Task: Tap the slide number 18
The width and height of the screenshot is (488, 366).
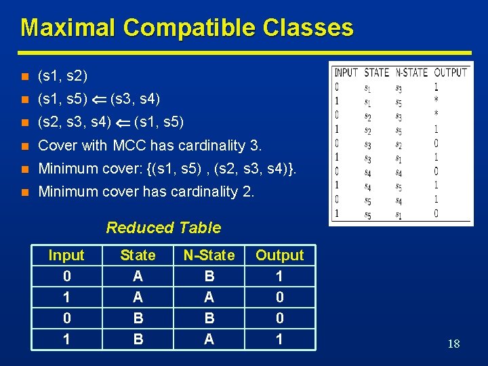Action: click(x=453, y=344)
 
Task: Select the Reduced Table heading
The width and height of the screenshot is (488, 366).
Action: click(x=163, y=228)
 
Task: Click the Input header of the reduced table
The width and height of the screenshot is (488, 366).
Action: click(x=66, y=256)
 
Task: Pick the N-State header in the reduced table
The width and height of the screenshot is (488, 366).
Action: click(x=209, y=256)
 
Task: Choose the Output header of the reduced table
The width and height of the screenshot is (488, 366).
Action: click(x=279, y=256)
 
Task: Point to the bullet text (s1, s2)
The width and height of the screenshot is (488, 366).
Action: click(x=62, y=75)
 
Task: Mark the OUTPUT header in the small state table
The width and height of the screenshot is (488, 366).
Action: click(x=450, y=73)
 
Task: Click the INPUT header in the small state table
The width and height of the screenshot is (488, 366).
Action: click(x=346, y=73)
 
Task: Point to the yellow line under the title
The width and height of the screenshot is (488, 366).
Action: click(x=244, y=52)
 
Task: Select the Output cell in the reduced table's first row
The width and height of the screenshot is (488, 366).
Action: click(x=279, y=277)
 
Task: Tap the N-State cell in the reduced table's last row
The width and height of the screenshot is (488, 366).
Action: click(x=209, y=339)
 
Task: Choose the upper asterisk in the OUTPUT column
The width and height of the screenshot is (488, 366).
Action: click(x=436, y=101)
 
